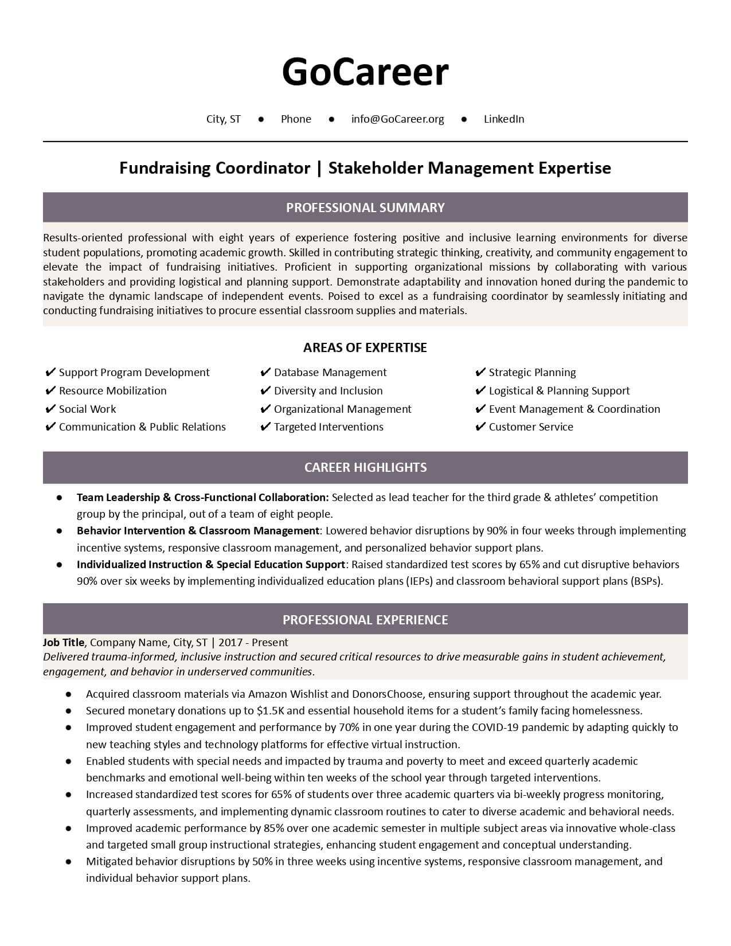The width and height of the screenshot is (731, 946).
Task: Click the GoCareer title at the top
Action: coord(365,72)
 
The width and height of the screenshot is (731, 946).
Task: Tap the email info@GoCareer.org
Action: coord(397,119)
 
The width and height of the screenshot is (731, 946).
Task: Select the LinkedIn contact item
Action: coord(504,119)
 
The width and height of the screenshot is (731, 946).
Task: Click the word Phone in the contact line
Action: coord(296,119)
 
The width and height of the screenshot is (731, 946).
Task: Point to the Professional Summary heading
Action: coord(365,208)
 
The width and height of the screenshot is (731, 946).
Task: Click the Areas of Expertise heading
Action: coord(365,347)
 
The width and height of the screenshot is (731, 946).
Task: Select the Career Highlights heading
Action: coord(365,467)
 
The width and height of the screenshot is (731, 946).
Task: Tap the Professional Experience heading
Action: coord(365,620)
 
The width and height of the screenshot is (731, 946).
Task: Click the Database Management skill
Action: coord(330,373)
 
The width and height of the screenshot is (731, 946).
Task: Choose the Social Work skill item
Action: coord(87,409)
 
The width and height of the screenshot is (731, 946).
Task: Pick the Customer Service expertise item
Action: coord(531,427)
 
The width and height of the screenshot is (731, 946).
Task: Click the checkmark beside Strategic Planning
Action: coord(480,373)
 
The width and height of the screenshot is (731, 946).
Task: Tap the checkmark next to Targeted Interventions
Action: coord(265,427)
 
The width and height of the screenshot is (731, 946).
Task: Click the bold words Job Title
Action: coord(64,643)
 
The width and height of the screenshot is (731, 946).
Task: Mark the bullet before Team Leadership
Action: coord(59,498)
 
